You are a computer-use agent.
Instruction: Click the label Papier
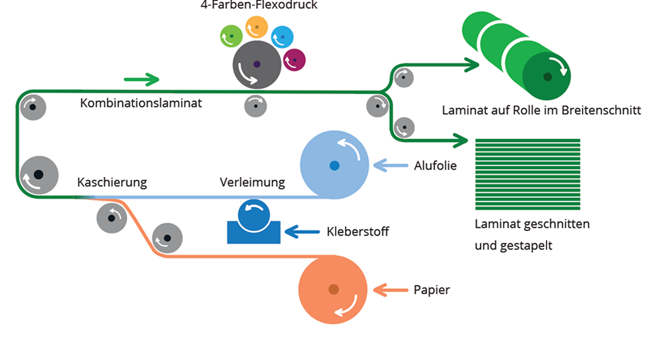(x=432, y=290)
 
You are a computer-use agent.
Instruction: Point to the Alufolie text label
(x=436, y=165)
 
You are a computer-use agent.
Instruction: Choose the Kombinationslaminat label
(x=141, y=103)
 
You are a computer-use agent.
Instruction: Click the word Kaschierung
(x=112, y=182)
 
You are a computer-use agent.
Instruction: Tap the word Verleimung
(x=252, y=182)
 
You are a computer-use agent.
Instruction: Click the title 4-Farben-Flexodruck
(x=255, y=6)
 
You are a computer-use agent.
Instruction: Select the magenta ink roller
(x=294, y=61)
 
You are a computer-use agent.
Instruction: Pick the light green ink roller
(x=231, y=36)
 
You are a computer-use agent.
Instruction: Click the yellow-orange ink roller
(x=256, y=27)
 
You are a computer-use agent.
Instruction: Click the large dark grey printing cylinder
(x=256, y=64)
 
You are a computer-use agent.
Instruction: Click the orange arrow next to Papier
(x=391, y=289)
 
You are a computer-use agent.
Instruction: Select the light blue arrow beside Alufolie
(x=392, y=165)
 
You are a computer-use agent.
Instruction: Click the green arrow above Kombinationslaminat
(x=142, y=80)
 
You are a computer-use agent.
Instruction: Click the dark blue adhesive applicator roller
(x=253, y=214)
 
